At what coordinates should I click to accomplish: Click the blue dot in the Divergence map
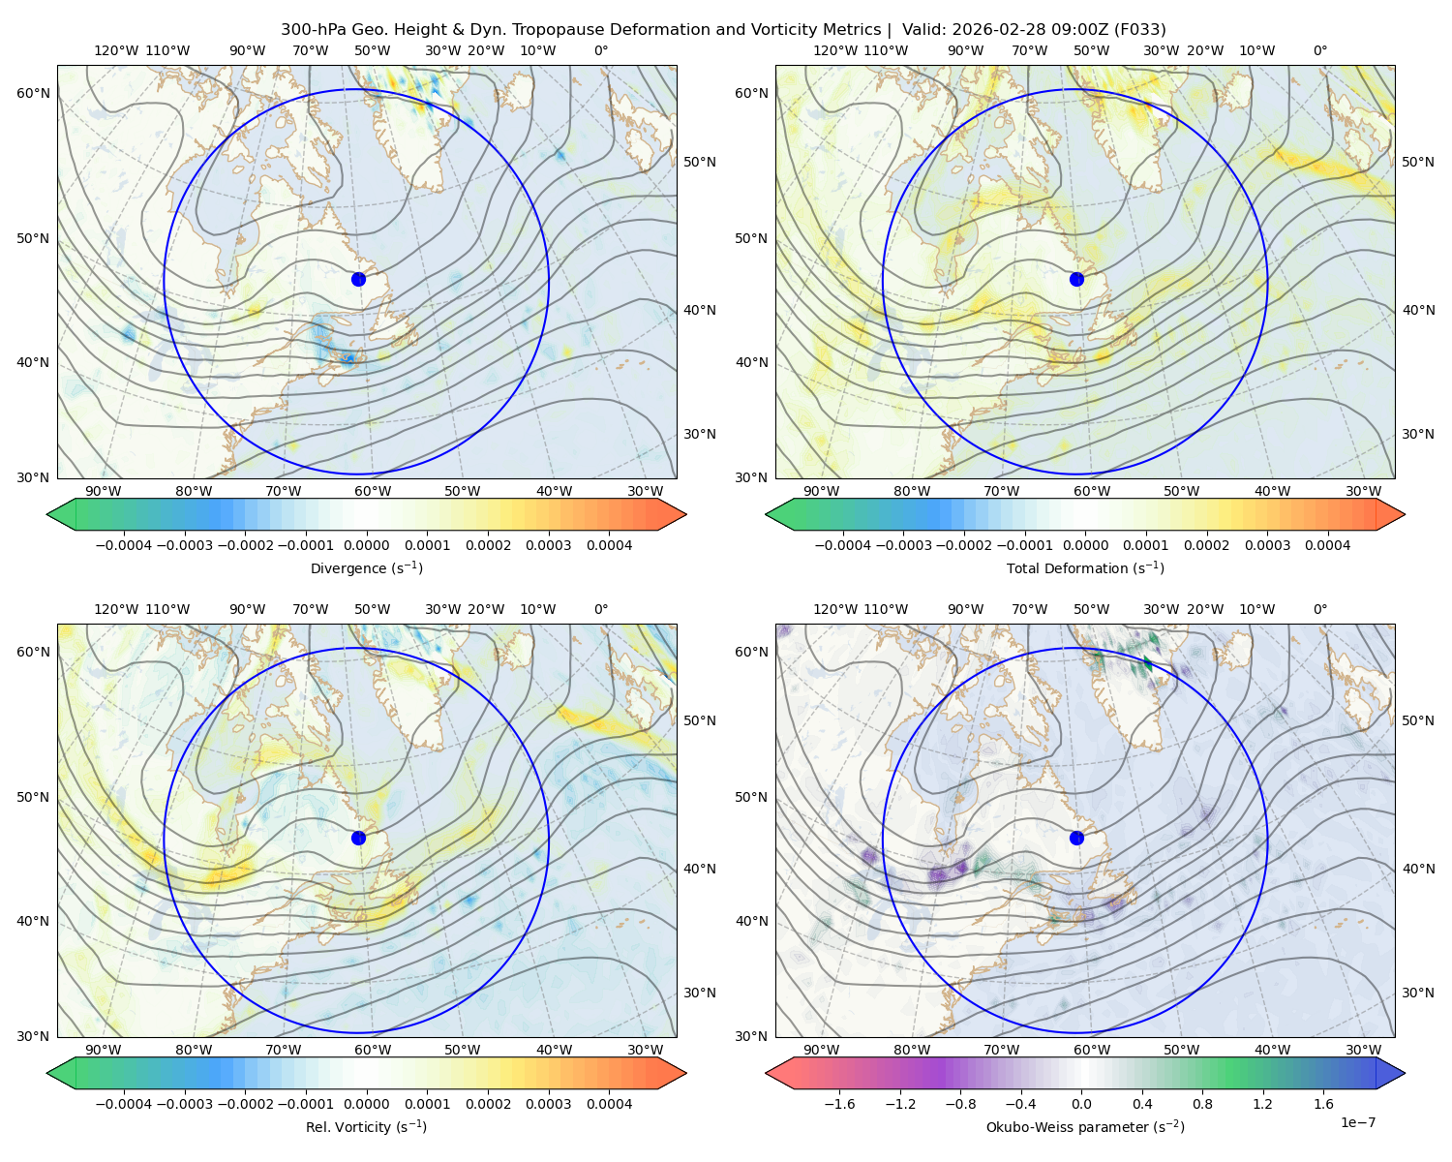coord(358,279)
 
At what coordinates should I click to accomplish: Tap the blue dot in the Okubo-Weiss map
coord(1076,838)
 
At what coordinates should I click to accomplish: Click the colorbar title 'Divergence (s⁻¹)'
coord(366,567)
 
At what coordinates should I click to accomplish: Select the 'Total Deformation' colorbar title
coord(1085,567)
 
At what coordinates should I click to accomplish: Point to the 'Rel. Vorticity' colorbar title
coord(366,1126)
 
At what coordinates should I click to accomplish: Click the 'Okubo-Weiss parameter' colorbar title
coord(1085,1126)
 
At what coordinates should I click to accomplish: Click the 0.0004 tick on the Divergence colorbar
coord(609,545)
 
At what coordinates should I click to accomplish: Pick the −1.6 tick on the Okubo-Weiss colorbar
coord(839,1103)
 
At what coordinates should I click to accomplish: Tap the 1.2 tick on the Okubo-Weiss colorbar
coord(1262,1103)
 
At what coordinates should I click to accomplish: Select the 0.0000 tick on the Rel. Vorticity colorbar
coord(366,1103)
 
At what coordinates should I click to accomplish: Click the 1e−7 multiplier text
coord(1357,1122)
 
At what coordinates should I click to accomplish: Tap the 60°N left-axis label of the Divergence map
coord(33,93)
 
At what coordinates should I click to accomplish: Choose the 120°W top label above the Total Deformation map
coord(834,50)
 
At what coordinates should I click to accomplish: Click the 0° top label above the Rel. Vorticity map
coord(601,609)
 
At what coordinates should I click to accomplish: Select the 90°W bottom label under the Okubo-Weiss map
coord(821,1050)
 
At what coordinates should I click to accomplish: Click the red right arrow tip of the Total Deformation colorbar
coord(1405,514)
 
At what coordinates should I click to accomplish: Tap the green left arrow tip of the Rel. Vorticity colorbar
coord(47,1073)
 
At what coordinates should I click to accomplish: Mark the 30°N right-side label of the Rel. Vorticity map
coord(700,993)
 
